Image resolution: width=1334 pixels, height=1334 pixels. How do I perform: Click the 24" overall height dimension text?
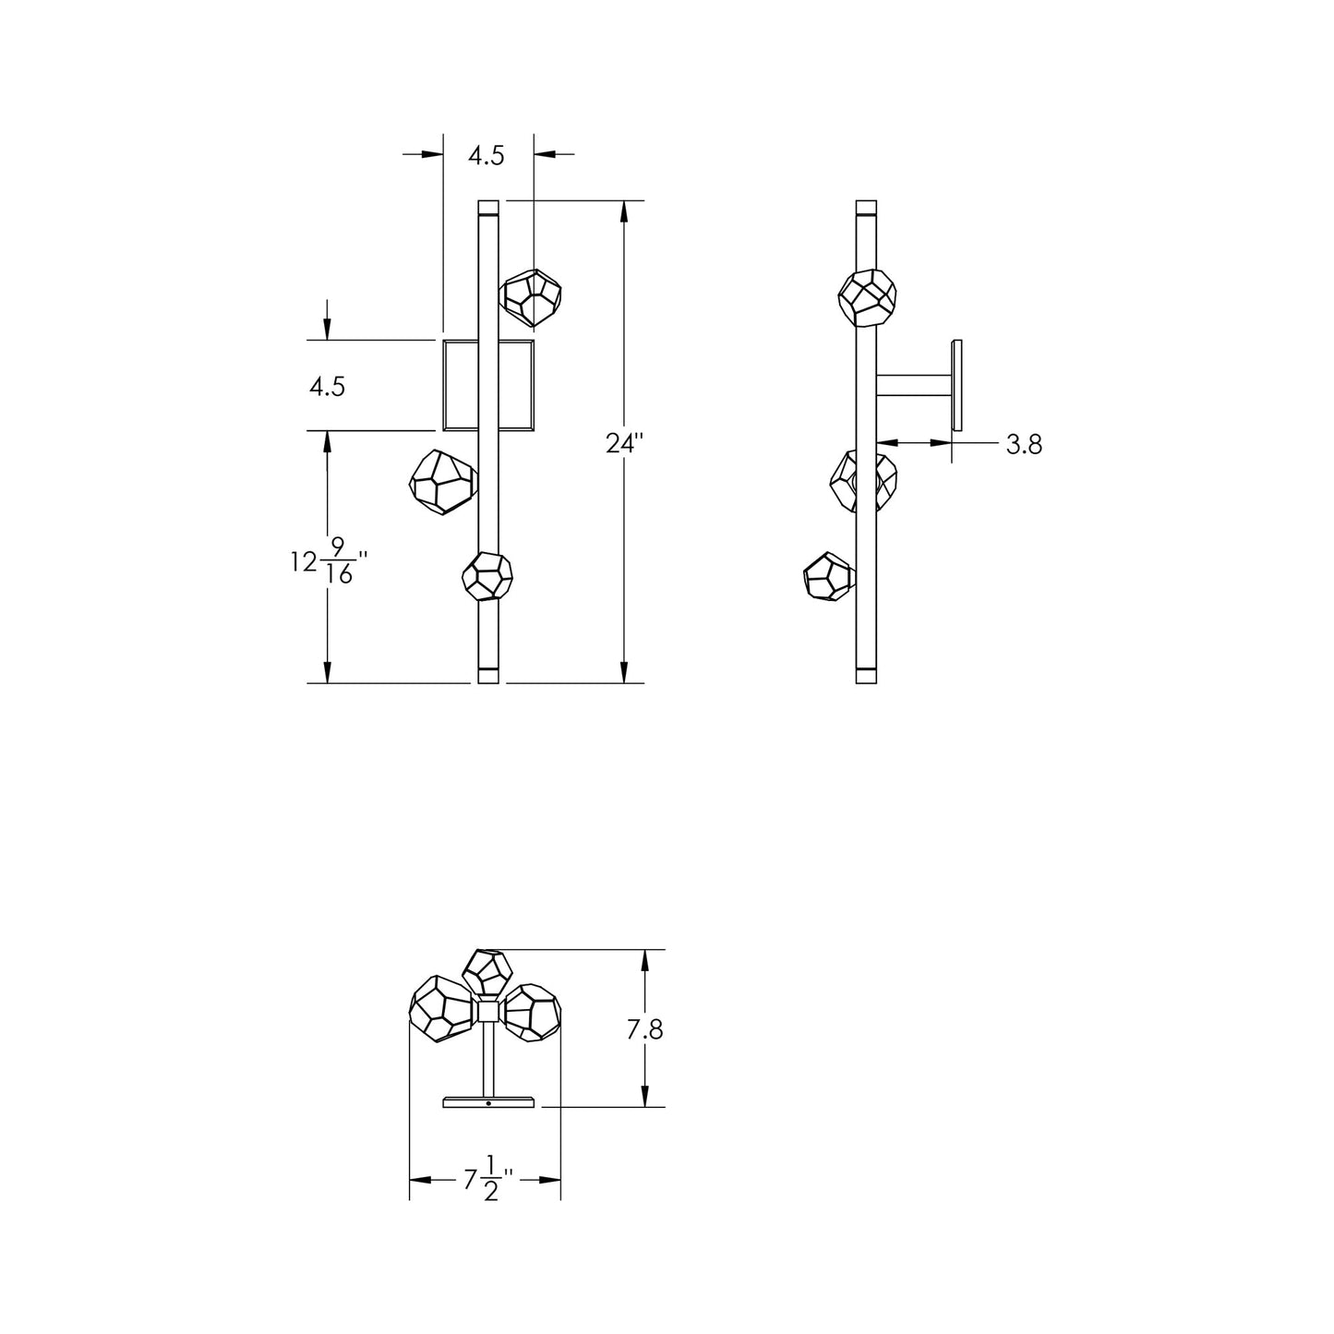[x=624, y=443]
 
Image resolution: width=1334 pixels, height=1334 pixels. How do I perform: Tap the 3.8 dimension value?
[x=1024, y=445]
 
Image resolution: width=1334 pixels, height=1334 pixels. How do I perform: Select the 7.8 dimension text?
[x=644, y=1029]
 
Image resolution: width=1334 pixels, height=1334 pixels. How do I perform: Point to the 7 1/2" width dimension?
[x=488, y=1180]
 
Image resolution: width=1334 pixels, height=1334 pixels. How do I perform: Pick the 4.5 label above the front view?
[x=486, y=156]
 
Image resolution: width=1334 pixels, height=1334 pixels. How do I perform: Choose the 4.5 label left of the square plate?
[x=327, y=387]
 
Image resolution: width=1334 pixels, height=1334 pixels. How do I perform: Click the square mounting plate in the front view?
[x=488, y=386]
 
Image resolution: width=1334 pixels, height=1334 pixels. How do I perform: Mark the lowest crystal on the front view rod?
[x=487, y=577]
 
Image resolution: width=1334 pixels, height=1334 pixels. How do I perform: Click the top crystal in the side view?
[x=867, y=296]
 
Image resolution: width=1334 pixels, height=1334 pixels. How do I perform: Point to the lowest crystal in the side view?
[x=828, y=578]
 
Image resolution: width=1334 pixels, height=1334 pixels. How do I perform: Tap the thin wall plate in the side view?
[x=956, y=385]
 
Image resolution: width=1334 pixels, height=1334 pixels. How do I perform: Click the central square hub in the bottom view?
[x=487, y=1014]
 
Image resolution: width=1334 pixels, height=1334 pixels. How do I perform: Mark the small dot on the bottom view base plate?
[x=488, y=1103]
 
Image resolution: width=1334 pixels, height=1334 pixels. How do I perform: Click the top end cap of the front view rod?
[x=488, y=208]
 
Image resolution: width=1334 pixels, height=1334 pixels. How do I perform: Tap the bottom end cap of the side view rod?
[x=867, y=676]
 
